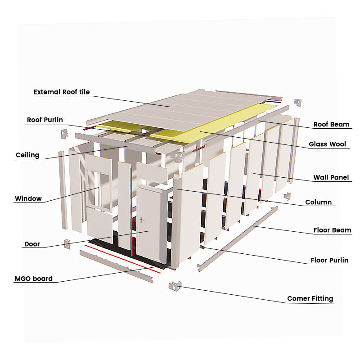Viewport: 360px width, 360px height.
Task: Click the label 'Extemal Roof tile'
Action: click(x=62, y=92)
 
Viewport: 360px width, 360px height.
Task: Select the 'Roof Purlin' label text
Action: click(x=45, y=120)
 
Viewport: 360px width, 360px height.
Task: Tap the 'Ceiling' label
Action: click(x=27, y=155)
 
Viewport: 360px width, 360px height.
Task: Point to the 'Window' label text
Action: click(x=28, y=198)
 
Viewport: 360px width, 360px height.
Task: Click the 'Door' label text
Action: click(x=32, y=244)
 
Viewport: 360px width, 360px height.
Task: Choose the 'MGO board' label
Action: click(x=34, y=279)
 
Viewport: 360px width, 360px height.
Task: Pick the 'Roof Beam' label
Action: click(x=332, y=124)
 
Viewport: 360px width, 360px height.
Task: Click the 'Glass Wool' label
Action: click(x=327, y=144)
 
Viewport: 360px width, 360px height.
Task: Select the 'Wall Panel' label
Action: click(x=331, y=178)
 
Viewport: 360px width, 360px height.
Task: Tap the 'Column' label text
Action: click(x=318, y=202)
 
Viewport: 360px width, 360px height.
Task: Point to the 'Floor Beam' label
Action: click(x=332, y=230)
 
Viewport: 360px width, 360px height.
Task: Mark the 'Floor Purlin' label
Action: click(x=329, y=261)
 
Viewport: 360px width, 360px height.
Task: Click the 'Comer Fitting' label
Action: click(x=310, y=298)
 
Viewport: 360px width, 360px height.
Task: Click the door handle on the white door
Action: click(x=142, y=220)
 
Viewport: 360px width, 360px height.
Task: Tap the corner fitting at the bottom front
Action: click(x=175, y=286)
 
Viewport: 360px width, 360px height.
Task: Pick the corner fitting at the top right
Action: click(x=297, y=103)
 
